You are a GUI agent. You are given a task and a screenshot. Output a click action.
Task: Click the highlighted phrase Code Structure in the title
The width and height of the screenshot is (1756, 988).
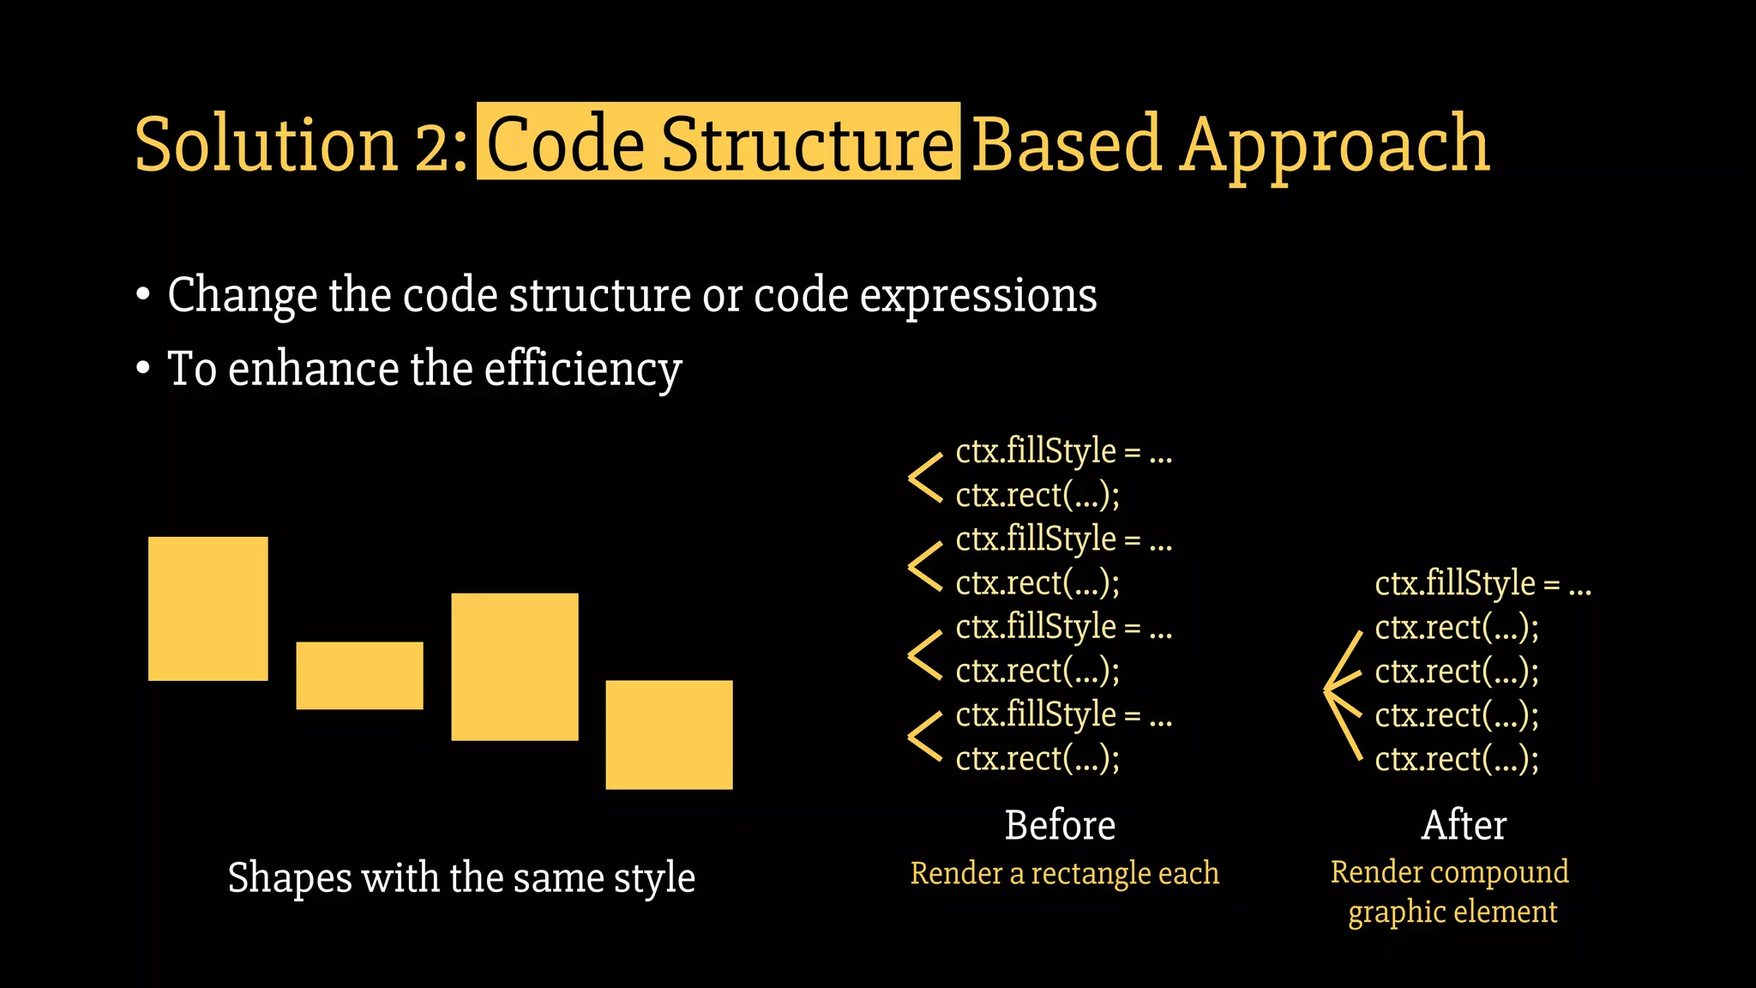tap(719, 142)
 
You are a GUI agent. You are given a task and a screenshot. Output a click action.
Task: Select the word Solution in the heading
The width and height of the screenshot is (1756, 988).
tap(266, 143)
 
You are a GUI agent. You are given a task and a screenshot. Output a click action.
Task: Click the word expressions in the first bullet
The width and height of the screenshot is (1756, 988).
tap(978, 296)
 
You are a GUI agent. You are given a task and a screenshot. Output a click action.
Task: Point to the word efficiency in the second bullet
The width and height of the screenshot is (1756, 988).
tap(583, 370)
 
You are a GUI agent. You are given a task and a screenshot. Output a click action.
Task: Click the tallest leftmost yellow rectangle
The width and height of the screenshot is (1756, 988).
tap(208, 609)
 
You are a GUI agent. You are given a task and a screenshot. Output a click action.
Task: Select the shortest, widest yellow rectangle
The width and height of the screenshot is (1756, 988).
tap(359, 676)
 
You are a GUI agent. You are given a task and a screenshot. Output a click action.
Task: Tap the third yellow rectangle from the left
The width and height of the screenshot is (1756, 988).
tap(514, 666)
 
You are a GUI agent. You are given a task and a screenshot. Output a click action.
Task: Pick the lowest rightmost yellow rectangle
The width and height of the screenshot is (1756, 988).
tap(669, 734)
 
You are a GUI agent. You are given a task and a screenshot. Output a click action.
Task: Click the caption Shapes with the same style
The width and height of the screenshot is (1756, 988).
tap(461, 877)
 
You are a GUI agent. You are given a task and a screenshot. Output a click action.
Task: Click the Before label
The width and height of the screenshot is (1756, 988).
tap(1060, 825)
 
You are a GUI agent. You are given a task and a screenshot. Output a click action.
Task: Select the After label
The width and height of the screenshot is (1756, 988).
tap(1464, 825)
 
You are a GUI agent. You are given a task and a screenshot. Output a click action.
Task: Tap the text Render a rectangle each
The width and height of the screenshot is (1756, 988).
tap(1064, 873)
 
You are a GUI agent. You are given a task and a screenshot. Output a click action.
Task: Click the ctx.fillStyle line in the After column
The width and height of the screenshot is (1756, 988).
tap(1482, 584)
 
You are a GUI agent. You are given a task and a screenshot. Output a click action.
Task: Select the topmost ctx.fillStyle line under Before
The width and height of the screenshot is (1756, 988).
tap(1063, 451)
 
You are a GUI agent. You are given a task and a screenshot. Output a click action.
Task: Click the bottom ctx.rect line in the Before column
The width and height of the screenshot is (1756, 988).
tap(1037, 759)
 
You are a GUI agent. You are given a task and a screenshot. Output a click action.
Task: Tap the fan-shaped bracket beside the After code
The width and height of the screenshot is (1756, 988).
tap(1343, 695)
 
